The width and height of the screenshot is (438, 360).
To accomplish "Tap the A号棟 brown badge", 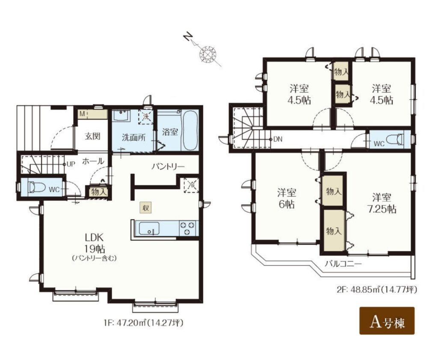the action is (387, 321).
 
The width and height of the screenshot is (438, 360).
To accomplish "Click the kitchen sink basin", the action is (149, 228).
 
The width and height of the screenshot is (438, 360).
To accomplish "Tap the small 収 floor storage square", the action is (146, 208).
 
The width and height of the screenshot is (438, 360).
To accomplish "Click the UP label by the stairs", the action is (71, 164).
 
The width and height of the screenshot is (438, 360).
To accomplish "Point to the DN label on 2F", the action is (278, 139).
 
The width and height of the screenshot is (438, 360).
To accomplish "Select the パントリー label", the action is (168, 167).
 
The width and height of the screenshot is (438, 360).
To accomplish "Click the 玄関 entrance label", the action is (92, 137).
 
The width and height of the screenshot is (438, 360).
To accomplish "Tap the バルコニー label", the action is (343, 264).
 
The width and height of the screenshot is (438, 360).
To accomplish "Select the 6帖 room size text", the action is (286, 204).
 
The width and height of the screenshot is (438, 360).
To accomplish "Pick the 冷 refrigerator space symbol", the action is (192, 185).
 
